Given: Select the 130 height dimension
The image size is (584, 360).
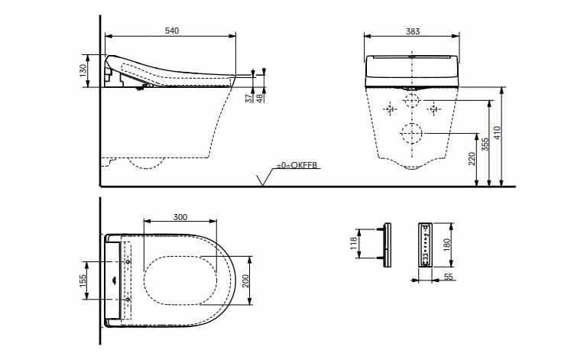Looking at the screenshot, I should coord(82,70).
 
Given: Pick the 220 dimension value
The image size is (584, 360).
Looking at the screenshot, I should coord(472,158).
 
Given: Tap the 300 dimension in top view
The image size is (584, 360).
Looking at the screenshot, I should coord(180,217).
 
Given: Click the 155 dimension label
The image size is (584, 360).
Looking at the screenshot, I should coord(82,281).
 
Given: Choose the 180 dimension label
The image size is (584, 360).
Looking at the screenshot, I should coord(448,245).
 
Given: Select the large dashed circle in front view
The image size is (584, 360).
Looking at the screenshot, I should coord(412,133).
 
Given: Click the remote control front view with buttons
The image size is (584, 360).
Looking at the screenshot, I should coord(425,245).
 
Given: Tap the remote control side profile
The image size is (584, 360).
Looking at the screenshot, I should coord(387,245).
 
